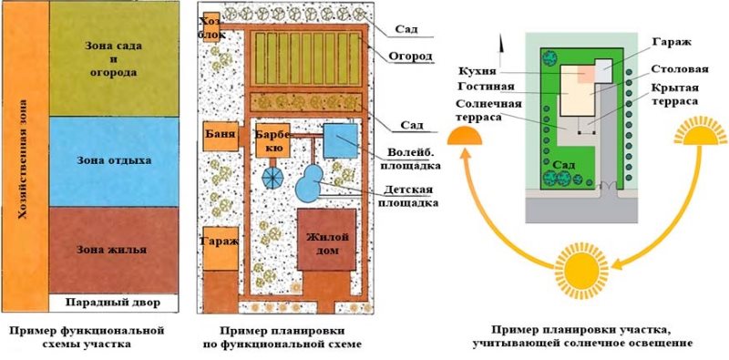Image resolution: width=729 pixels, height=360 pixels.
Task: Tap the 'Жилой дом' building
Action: coord(324,242)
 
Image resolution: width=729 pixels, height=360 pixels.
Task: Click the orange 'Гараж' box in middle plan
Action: coord(216,243)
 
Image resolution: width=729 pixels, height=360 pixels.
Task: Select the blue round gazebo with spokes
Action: coord(274,175)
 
